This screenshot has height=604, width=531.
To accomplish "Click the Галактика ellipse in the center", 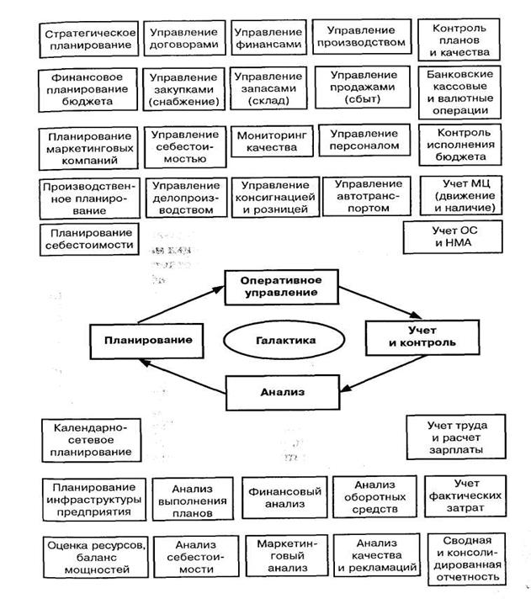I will click(x=284, y=340).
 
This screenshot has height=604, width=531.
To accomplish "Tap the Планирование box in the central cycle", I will click(x=144, y=340).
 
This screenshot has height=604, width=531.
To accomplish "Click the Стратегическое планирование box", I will click(x=89, y=38).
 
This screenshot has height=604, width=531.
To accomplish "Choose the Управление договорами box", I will click(x=183, y=38).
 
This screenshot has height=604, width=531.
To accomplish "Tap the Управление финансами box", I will click(x=268, y=38).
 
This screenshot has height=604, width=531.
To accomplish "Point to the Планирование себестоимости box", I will click(x=89, y=239).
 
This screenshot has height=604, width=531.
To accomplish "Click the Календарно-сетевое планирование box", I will click(x=89, y=440).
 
